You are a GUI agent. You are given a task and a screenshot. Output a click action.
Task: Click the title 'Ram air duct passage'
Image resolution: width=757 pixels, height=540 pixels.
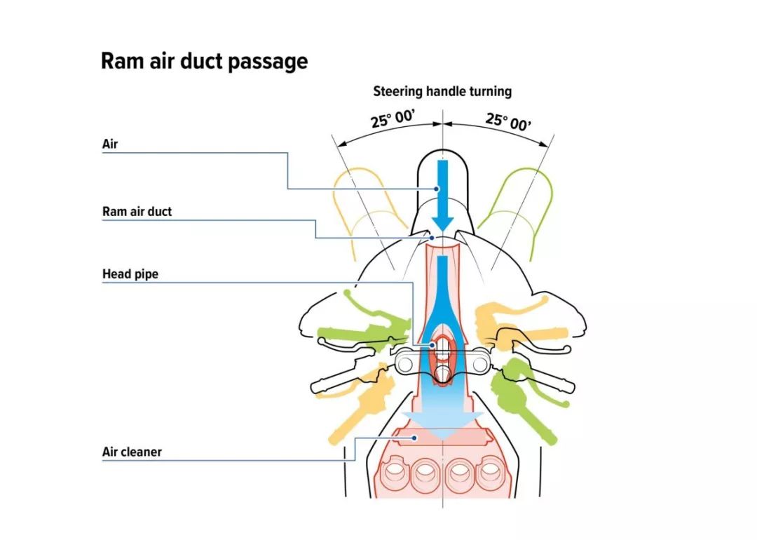coord(204,61)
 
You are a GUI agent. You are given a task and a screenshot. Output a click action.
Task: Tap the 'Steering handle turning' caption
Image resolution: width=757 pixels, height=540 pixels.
coord(442,91)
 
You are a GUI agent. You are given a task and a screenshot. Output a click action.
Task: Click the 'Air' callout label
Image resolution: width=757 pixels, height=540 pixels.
coord(109,144)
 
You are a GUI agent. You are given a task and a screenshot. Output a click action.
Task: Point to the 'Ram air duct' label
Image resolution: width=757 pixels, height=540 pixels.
coord(137,211)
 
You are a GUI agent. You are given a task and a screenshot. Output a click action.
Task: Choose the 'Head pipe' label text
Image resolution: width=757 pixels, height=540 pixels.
coord(130,274)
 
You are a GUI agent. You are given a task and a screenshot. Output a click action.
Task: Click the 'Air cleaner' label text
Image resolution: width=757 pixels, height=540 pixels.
coord(132,452)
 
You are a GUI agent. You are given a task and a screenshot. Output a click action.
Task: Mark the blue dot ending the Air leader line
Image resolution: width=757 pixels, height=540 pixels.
coord(435,189)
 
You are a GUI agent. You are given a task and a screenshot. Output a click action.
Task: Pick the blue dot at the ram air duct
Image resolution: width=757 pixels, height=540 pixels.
coord(432,238)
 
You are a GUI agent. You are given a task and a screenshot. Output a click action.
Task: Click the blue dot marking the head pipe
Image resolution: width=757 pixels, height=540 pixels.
coord(434,345)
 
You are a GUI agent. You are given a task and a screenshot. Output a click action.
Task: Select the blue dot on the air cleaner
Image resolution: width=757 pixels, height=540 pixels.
coord(416,438)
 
